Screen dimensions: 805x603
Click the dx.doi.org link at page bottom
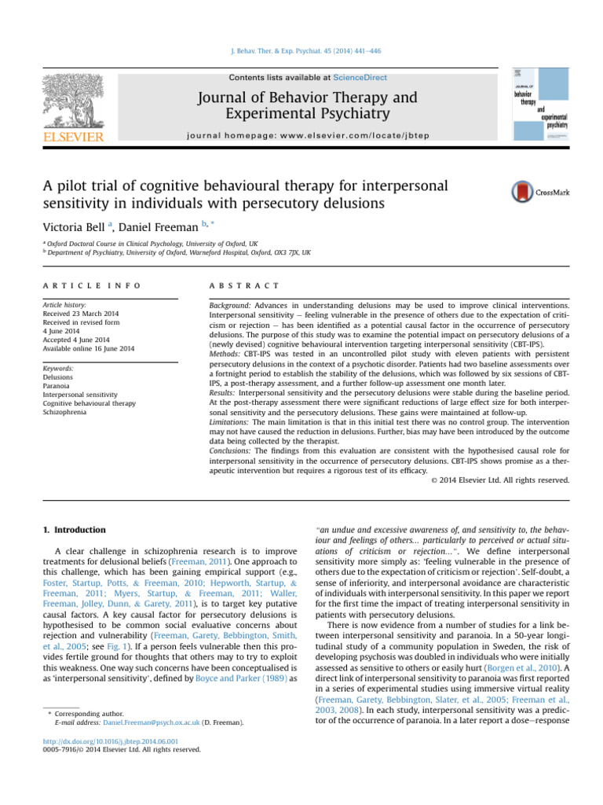tap(110, 741)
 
